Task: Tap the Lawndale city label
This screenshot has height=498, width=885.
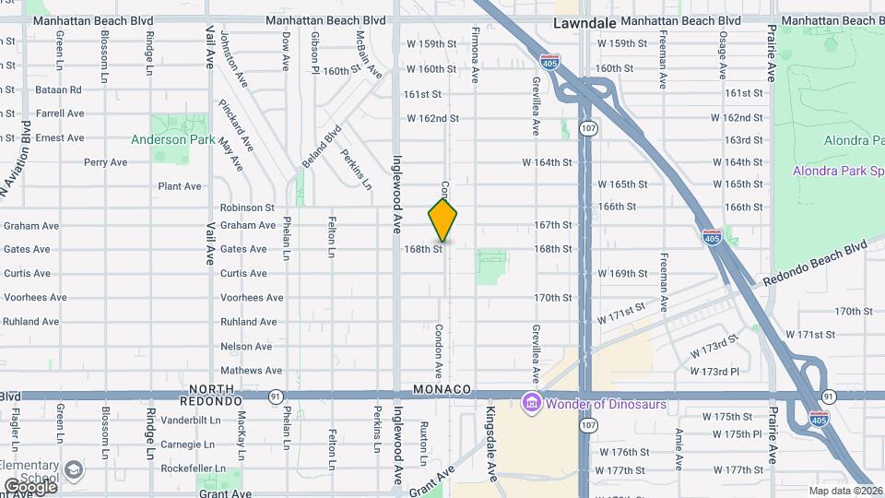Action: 584,20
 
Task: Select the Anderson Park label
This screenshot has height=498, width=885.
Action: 172,140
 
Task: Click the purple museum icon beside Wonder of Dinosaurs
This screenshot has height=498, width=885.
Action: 531,403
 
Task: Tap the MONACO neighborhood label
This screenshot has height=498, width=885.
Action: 442,389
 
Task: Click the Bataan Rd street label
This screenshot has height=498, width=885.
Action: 58,89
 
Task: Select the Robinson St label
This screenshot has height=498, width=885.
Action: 247,208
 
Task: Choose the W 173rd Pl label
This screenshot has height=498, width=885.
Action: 714,371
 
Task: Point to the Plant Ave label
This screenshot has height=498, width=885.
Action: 179,186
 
